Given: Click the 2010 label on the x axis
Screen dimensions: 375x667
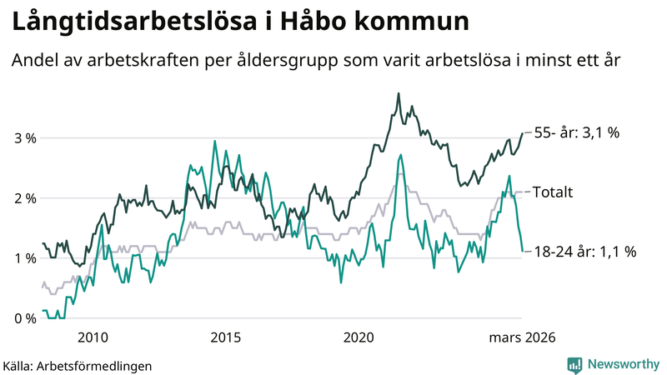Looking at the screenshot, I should [x=92, y=337].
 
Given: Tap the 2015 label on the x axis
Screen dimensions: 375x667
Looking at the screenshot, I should [x=225, y=337].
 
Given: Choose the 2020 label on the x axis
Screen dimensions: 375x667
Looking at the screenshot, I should [x=359, y=337].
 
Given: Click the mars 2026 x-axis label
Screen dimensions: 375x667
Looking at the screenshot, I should [x=521, y=337].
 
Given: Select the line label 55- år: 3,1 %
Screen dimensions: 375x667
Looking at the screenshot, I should [x=576, y=132].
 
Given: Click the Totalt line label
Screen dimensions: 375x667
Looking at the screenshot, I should [x=552, y=192].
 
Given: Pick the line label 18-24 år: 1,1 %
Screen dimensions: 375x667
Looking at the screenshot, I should [x=584, y=251].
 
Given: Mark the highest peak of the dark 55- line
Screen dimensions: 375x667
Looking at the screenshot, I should [x=399, y=93].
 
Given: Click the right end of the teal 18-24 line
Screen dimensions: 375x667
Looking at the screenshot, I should [x=523, y=251].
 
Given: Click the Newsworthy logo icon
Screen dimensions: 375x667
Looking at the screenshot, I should [x=574, y=364].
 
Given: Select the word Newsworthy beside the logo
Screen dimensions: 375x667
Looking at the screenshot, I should [x=622, y=364].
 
